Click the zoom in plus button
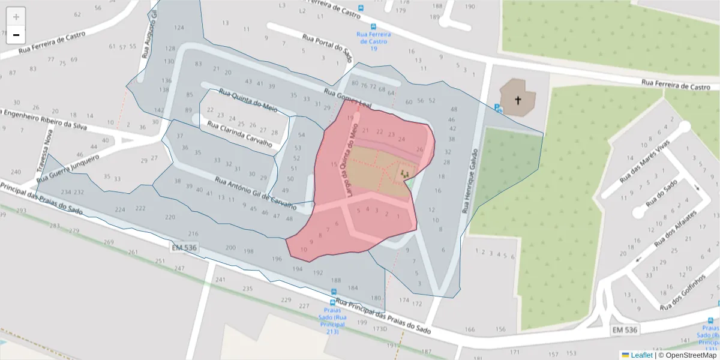pyautogui.click(x=16, y=17)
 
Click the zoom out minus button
pyautogui.click(x=16, y=35)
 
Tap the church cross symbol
pyautogui.click(x=517, y=100)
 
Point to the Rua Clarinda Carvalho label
pyautogui.click(x=239, y=134)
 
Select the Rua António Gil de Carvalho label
pyautogui.click(x=256, y=193)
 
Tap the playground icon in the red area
pyautogui.click(x=405, y=174)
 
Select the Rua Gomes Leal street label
pyautogui.click(x=348, y=100)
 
